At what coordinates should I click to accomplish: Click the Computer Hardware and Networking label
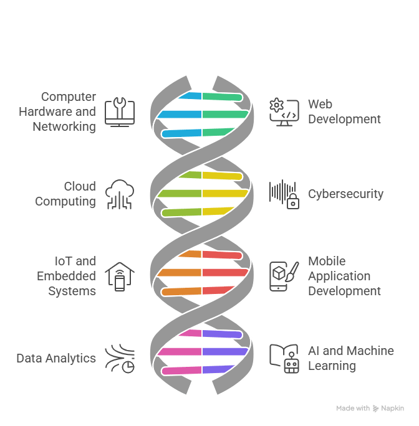pyautogui.click(x=57, y=111)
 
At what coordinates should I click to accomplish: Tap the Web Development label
pyautogui.click(x=344, y=111)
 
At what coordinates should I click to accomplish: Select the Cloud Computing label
pyautogui.click(x=65, y=194)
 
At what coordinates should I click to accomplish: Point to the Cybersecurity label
pyautogui.click(x=345, y=194)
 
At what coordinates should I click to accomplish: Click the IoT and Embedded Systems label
pyautogui.click(x=67, y=276)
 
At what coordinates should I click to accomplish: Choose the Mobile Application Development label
pyautogui.click(x=344, y=276)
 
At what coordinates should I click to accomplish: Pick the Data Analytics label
pyautogui.click(x=56, y=358)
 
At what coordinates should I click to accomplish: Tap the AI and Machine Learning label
pyautogui.click(x=350, y=358)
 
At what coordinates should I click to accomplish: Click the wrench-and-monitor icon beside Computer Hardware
pyautogui.click(x=120, y=111)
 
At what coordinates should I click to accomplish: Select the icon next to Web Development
pyautogui.click(x=283, y=111)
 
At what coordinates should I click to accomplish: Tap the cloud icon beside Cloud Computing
pyautogui.click(x=120, y=194)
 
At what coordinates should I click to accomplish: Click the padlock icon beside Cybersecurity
pyautogui.click(x=284, y=194)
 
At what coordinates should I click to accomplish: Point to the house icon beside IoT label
pyautogui.click(x=120, y=276)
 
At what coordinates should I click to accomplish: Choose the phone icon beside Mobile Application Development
pyautogui.click(x=282, y=276)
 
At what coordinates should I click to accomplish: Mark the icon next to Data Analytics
pyautogui.click(x=120, y=358)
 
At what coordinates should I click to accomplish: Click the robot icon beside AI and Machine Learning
pyautogui.click(x=283, y=358)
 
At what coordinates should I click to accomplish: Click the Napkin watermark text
pyautogui.click(x=370, y=409)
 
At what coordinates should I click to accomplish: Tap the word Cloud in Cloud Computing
pyautogui.click(x=80, y=186)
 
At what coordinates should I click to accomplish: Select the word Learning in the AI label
pyautogui.click(x=332, y=366)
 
